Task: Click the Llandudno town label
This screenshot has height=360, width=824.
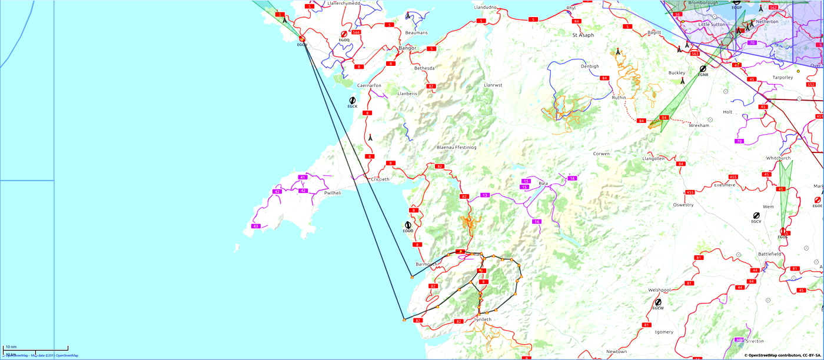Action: point(486,7)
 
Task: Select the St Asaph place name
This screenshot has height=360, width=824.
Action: point(583,35)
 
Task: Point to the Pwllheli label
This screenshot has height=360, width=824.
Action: point(333,193)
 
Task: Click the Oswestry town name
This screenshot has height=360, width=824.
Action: point(683,205)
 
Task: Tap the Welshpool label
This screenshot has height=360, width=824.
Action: point(659,290)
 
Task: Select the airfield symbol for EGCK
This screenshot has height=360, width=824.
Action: point(352,101)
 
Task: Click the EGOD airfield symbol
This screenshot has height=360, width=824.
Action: point(408,225)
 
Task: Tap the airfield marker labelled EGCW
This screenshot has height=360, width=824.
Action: point(658,302)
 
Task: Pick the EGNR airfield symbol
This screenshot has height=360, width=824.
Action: point(703,69)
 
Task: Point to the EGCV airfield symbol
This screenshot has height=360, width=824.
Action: point(756,216)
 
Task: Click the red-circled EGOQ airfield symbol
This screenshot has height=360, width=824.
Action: point(344,35)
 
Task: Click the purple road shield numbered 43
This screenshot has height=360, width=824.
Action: point(255,226)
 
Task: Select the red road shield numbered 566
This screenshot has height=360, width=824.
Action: point(356,32)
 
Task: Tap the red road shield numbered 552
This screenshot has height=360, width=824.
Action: point(811,85)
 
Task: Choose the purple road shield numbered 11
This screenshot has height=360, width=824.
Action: point(485,195)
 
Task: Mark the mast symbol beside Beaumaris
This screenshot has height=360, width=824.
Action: point(408,16)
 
